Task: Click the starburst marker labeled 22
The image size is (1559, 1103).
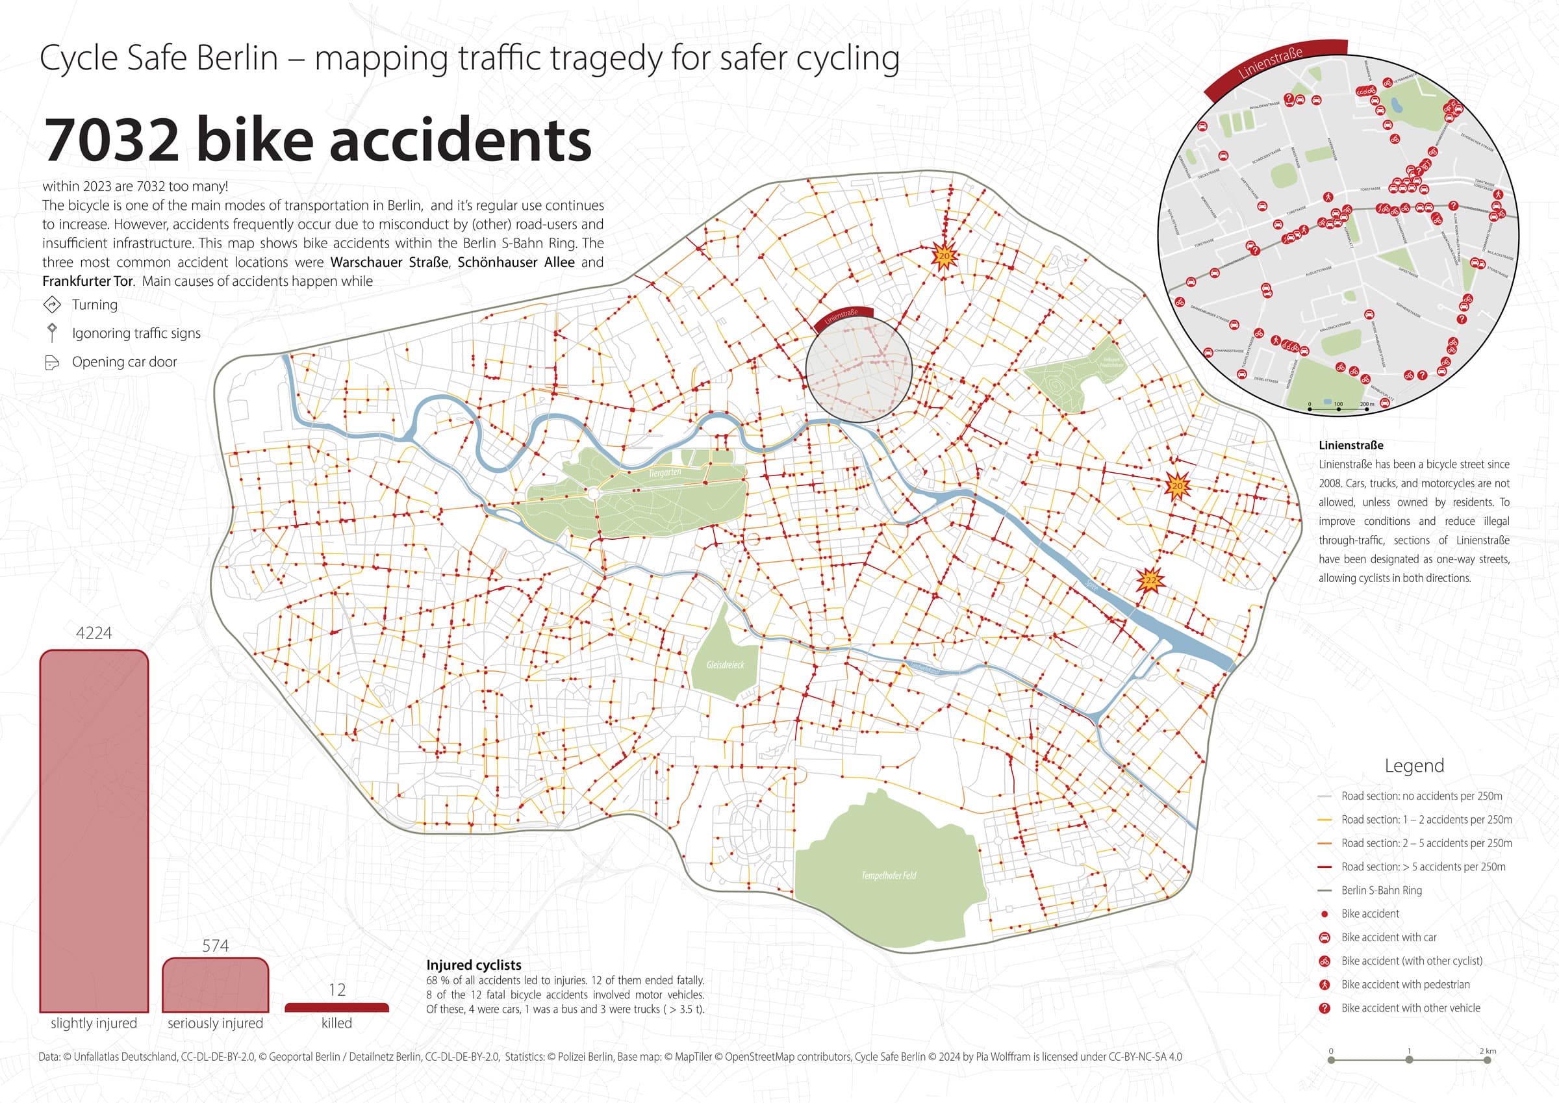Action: [x=1150, y=581]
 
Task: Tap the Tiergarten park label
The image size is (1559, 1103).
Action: [x=664, y=473]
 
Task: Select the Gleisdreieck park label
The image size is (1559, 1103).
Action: [x=725, y=665]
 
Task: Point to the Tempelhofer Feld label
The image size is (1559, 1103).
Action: [x=889, y=876]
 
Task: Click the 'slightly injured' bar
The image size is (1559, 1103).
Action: [x=94, y=831]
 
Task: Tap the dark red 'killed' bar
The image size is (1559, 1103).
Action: [x=336, y=1008]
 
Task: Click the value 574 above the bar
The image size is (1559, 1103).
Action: [x=215, y=945]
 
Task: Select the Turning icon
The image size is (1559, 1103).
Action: [x=51, y=304]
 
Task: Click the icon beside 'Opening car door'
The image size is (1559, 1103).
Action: [x=51, y=362]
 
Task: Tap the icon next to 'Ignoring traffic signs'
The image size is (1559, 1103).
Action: [x=51, y=333]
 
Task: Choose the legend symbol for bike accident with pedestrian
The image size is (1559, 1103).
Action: [x=1324, y=985]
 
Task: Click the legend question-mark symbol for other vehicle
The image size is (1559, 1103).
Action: [x=1324, y=1009]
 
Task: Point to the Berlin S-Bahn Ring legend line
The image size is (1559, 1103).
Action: [x=1324, y=891]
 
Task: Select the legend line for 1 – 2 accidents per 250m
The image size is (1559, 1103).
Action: [x=1324, y=820]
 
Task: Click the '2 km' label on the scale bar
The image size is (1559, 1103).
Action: [x=1488, y=1050]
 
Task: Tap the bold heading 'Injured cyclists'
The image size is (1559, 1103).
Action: [x=474, y=965]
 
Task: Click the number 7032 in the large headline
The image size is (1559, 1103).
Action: [x=112, y=140]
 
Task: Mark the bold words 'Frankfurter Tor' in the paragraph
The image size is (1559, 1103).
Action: [x=88, y=281]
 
